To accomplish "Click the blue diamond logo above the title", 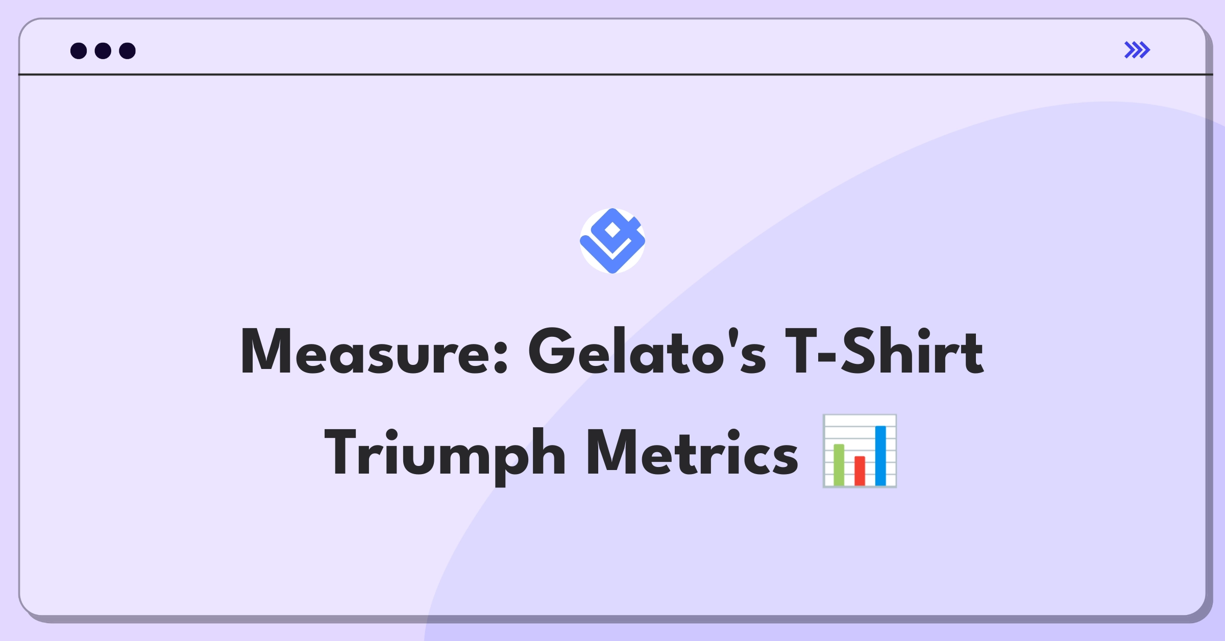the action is point(612,241).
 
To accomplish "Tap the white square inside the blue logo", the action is point(612,230).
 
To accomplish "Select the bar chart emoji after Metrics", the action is point(860,451).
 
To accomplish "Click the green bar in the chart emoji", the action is point(839,464).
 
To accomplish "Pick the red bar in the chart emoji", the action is point(860,471).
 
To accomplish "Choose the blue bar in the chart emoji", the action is point(880,455).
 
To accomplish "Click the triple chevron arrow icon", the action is point(1137,50).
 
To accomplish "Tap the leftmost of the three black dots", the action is point(79,51).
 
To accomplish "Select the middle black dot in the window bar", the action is point(103,51).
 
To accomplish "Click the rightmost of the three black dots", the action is point(128,51).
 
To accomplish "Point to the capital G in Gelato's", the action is point(551,351).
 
